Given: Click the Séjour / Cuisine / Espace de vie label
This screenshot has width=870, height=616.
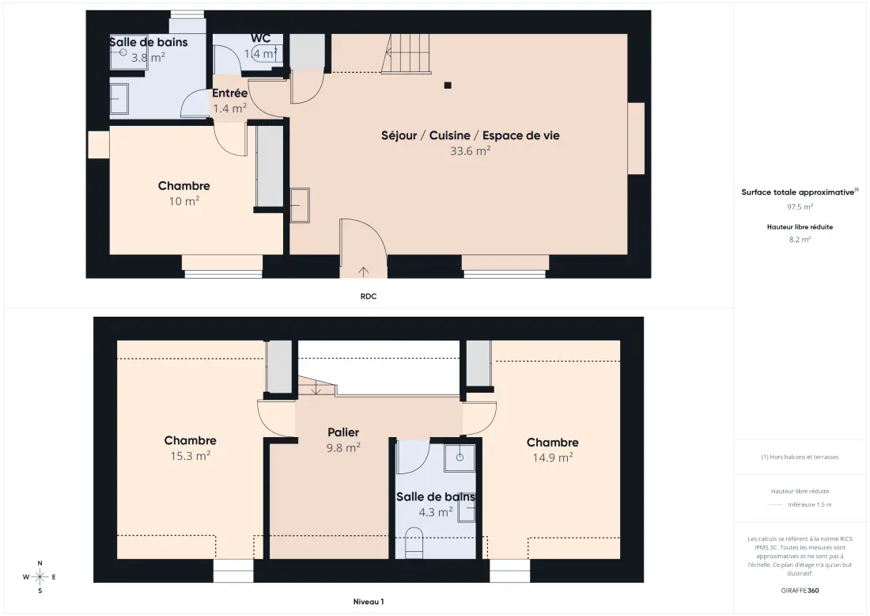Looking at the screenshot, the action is point(470,135).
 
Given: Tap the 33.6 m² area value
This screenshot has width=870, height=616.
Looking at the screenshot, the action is point(470,150).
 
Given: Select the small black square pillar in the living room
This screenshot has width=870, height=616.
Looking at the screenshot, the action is point(448,86).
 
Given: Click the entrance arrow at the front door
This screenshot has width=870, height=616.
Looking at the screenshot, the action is point(364,272).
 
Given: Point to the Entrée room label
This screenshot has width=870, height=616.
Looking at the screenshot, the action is point(229,93).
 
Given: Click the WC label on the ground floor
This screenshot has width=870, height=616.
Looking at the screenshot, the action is point(260,38).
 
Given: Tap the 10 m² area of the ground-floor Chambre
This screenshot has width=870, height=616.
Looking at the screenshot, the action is point(184,201).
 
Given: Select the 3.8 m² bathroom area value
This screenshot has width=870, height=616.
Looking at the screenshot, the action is point(148,57).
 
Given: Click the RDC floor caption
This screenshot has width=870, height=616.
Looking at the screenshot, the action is point(369,297).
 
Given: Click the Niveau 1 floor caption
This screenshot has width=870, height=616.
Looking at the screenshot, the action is point(369,602).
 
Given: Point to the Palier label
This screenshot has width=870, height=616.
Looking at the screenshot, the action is point(343,432).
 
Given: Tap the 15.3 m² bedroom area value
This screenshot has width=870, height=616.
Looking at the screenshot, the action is point(191,456).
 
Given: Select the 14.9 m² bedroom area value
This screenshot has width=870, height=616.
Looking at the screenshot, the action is point(553,458).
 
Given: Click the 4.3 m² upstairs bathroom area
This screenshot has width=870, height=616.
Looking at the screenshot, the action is point(436,511).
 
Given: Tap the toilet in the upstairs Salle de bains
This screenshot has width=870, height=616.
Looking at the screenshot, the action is point(414,542).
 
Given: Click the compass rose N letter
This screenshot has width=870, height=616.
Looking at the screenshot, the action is point(40,563).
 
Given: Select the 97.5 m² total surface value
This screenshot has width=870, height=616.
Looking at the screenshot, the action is point(800,207).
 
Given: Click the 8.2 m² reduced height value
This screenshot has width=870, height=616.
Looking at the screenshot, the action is point(800,239).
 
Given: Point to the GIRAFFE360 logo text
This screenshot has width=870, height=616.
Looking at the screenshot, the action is point(800,591).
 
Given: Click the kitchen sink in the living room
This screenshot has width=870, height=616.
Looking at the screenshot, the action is point(300,206).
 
